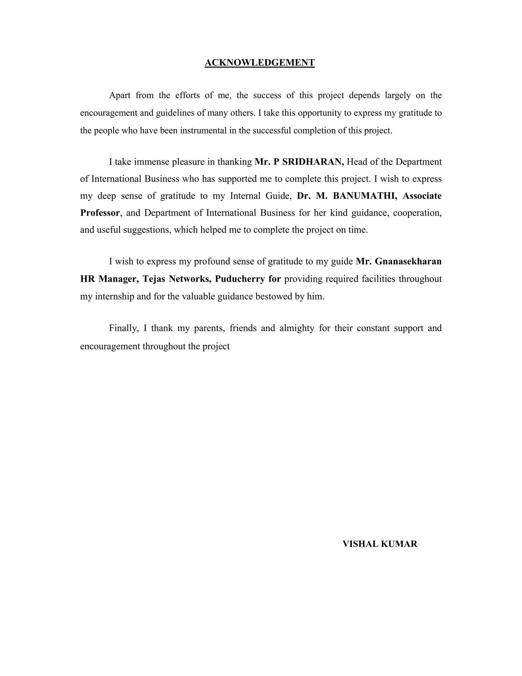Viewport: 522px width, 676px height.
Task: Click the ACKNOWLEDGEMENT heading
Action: [259, 63]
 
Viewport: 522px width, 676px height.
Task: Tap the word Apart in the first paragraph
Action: [120, 95]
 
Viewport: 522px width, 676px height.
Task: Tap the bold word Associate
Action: [422, 196]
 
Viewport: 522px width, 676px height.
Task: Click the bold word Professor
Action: [100, 213]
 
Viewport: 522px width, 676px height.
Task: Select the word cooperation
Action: [417, 213]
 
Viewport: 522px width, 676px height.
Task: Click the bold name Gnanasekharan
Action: [408, 261]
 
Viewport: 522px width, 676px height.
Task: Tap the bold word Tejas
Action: [154, 279]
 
